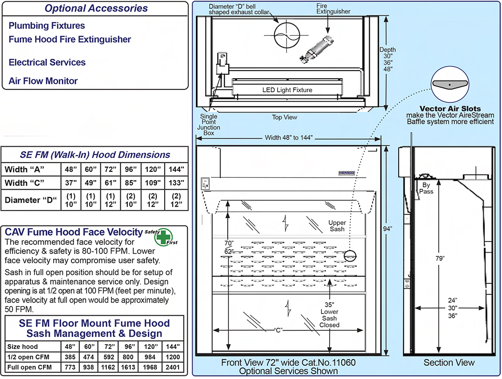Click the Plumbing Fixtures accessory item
point(47,26)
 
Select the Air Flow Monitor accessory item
point(43,81)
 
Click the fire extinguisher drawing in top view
point(319,48)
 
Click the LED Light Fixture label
point(287,90)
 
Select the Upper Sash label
point(337,225)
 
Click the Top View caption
point(284,117)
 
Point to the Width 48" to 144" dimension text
point(289,138)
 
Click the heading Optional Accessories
point(96,8)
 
